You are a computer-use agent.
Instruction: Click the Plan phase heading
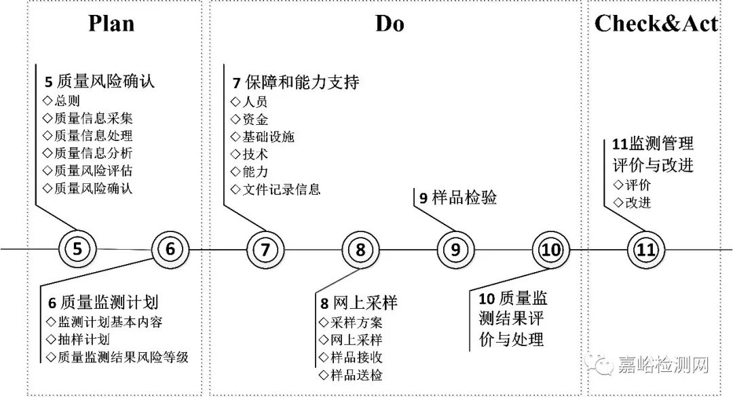tap(111, 24)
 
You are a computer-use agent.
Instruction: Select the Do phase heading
tap(390, 24)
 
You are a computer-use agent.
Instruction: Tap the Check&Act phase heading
tap(656, 24)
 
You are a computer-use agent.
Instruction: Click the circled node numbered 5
tap(77, 249)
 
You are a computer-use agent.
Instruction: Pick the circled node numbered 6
tap(170, 249)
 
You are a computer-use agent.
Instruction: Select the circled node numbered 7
tap(265, 249)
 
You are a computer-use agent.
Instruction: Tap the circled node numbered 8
tap(360, 249)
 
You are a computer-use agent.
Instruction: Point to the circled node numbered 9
tap(455, 249)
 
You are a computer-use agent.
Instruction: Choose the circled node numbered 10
tap(551, 249)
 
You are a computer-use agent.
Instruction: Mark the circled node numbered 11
tap(645, 249)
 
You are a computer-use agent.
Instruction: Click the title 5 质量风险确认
tap(100, 82)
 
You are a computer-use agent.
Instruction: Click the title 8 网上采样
tap(358, 303)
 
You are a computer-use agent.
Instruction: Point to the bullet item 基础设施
tap(269, 136)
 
